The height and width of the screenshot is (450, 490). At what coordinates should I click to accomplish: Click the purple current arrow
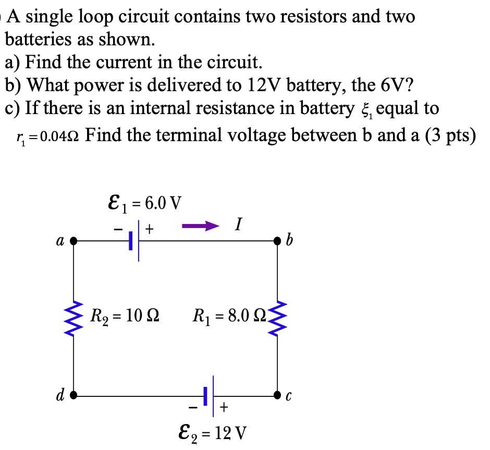(199, 227)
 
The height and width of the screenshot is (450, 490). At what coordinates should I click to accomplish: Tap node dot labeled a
(73, 241)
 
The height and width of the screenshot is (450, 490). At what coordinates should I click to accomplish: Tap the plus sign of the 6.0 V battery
(149, 228)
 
